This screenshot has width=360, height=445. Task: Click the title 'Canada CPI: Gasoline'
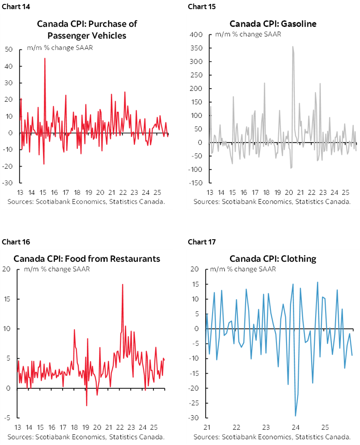click(273, 23)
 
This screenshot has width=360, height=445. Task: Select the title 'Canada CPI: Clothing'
click(273, 259)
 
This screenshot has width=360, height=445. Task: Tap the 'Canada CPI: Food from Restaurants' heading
click(87, 259)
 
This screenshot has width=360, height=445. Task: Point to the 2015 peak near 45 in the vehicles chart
click(45, 58)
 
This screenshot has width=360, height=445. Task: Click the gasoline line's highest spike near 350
click(293, 47)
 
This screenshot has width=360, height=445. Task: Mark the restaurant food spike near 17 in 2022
click(123, 284)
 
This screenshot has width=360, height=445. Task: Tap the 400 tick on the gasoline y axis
click(197, 35)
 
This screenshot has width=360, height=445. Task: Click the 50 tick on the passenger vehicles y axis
click(9, 50)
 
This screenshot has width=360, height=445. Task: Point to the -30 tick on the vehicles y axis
click(8, 183)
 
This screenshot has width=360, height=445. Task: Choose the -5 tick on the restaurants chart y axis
click(7, 418)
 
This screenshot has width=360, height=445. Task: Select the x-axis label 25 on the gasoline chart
click(346, 192)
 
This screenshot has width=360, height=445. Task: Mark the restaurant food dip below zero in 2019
click(87, 405)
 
